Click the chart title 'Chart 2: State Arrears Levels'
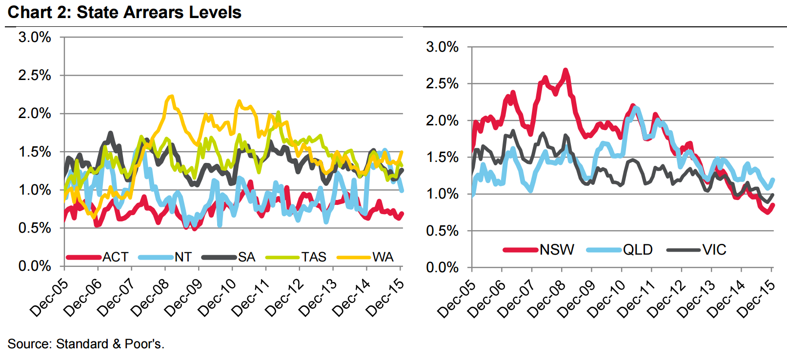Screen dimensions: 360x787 [x=124, y=12]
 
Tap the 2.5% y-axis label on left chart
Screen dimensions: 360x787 [x=35, y=75]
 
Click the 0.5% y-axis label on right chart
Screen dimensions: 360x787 [x=442, y=231]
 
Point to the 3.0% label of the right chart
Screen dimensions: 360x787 [x=442, y=47]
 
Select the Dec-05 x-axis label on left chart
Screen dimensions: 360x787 [x=49, y=298]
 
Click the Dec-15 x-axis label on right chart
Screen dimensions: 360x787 [x=756, y=299]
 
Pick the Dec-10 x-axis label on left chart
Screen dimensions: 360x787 [x=217, y=298]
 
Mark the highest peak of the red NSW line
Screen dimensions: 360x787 [x=565, y=70]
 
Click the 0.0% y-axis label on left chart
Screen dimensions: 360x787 [x=35, y=266]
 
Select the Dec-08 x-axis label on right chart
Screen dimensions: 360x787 [x=546, y=299]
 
